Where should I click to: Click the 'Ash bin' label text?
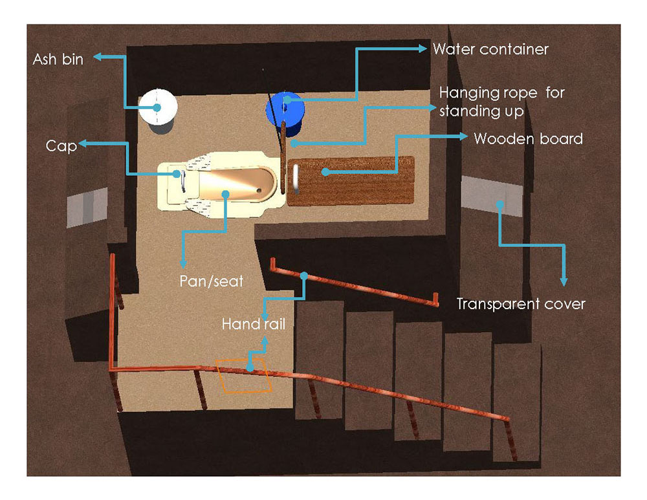point(58,60)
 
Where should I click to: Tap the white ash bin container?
point(158,106)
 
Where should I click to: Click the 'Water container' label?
point(490,49)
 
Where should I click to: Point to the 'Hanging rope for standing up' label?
point(501,102)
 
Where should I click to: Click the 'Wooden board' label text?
point(528,138)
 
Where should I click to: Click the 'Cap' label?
point(61,146)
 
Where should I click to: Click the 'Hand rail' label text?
point(253,323)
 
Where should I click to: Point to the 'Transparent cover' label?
point(521,303)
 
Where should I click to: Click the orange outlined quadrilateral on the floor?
point(245,376)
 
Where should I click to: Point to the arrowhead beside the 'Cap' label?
point(83,146)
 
